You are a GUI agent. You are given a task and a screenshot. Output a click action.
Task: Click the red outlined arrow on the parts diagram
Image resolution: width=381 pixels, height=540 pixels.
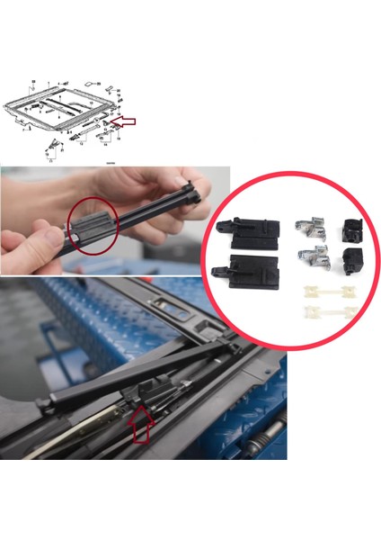128,119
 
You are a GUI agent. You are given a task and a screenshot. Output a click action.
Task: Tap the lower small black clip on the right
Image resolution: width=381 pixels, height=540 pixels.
348,263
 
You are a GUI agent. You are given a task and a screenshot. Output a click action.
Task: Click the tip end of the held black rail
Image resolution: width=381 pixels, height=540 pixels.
190,188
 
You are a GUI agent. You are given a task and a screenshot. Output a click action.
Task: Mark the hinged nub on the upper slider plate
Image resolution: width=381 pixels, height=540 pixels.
222,226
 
